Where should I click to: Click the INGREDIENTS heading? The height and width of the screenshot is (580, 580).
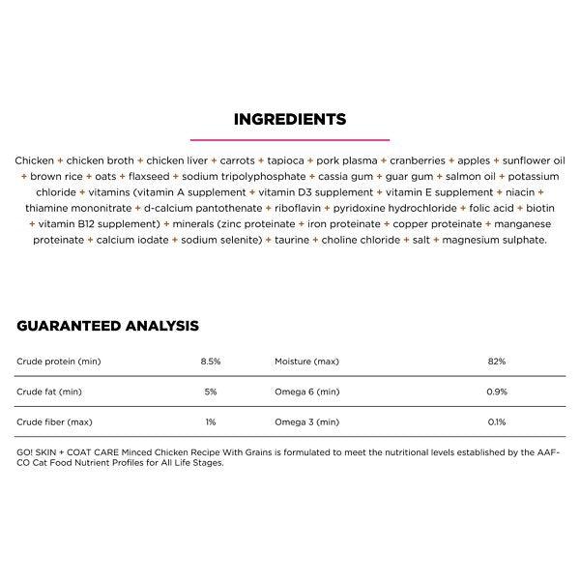pos(290,121)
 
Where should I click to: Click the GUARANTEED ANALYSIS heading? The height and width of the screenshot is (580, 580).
pos(107,326)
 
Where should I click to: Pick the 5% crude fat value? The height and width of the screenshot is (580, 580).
pos(211,391)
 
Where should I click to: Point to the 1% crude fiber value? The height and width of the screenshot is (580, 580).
pos(211,422)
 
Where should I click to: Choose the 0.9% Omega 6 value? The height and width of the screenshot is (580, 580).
pos(497,391)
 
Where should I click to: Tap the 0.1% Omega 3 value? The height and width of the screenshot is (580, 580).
pos(497,422)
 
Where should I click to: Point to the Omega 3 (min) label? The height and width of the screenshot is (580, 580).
pos(307,422)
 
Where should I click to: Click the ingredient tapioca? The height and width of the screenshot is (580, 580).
pos(286,161)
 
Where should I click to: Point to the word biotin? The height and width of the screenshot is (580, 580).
pos(540,208)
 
